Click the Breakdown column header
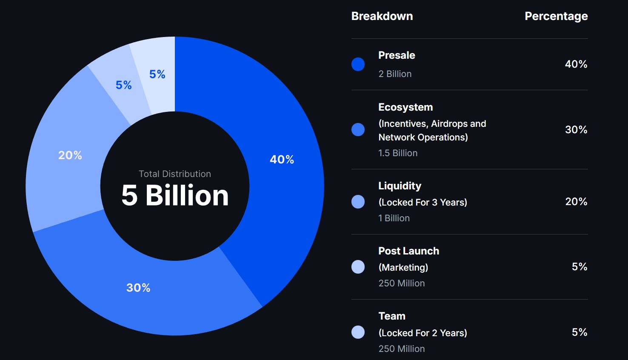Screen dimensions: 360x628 point(382,16)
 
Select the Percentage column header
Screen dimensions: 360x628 point(556,16)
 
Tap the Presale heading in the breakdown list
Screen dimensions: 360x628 point(397,55)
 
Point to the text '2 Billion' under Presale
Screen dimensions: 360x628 point(395,74)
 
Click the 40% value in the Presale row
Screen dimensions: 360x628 point(576,64)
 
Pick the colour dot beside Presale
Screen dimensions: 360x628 point(358,64)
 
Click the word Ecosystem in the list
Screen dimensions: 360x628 point(405,107)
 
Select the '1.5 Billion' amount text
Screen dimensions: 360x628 point(398,153)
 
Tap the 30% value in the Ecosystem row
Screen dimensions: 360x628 point(576,130)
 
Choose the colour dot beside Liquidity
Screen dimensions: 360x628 point(358,202)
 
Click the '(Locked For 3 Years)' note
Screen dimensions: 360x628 point(422,203)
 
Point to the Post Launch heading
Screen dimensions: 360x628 point(408,251)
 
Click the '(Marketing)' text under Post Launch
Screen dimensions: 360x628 point(403,268)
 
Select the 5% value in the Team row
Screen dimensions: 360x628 point(579,332)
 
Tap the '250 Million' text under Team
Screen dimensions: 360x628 point(401,349)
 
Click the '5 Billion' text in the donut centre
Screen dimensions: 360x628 point(175,195)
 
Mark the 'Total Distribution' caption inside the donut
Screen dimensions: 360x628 point(175,174)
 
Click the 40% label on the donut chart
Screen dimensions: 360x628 point(282,160)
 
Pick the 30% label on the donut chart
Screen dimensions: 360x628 point(138,288)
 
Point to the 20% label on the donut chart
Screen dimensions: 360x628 point(70,155)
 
